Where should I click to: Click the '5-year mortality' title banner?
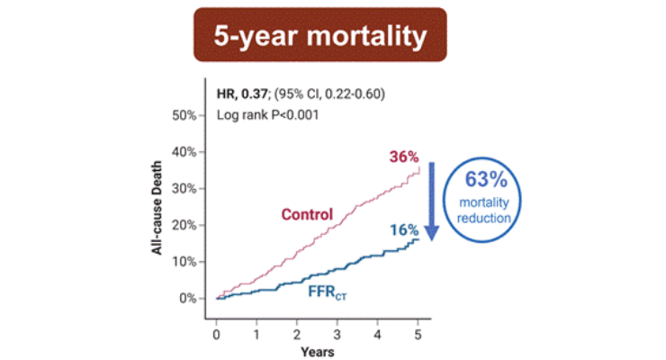tap(320, 35)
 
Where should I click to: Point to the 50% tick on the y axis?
tap(184, 115)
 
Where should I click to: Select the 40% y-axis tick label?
tap(184, 152)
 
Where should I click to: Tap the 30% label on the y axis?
tap(184, 188)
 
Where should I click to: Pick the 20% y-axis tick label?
tap(184, 225)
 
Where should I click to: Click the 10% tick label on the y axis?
tap(184, 262)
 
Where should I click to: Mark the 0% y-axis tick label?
tap(187, 298)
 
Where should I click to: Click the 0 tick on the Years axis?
tap(216, 335)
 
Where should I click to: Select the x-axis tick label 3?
tap(337, 335)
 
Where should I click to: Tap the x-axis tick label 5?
tap(418, 335)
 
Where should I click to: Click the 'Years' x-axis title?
tap(318, 352)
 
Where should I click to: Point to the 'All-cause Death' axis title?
tap(157, 208)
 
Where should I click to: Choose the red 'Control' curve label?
tap(307, 214)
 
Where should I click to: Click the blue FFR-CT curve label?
tap(327, 292)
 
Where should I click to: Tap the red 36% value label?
tap(404, 157)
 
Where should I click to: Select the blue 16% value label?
tap(404, 230)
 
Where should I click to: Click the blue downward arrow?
tap(431, 202)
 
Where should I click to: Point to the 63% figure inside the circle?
tap(486, 179)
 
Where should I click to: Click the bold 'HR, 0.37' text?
tap(242, 94)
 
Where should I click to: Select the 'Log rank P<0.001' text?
tap(267, 115)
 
